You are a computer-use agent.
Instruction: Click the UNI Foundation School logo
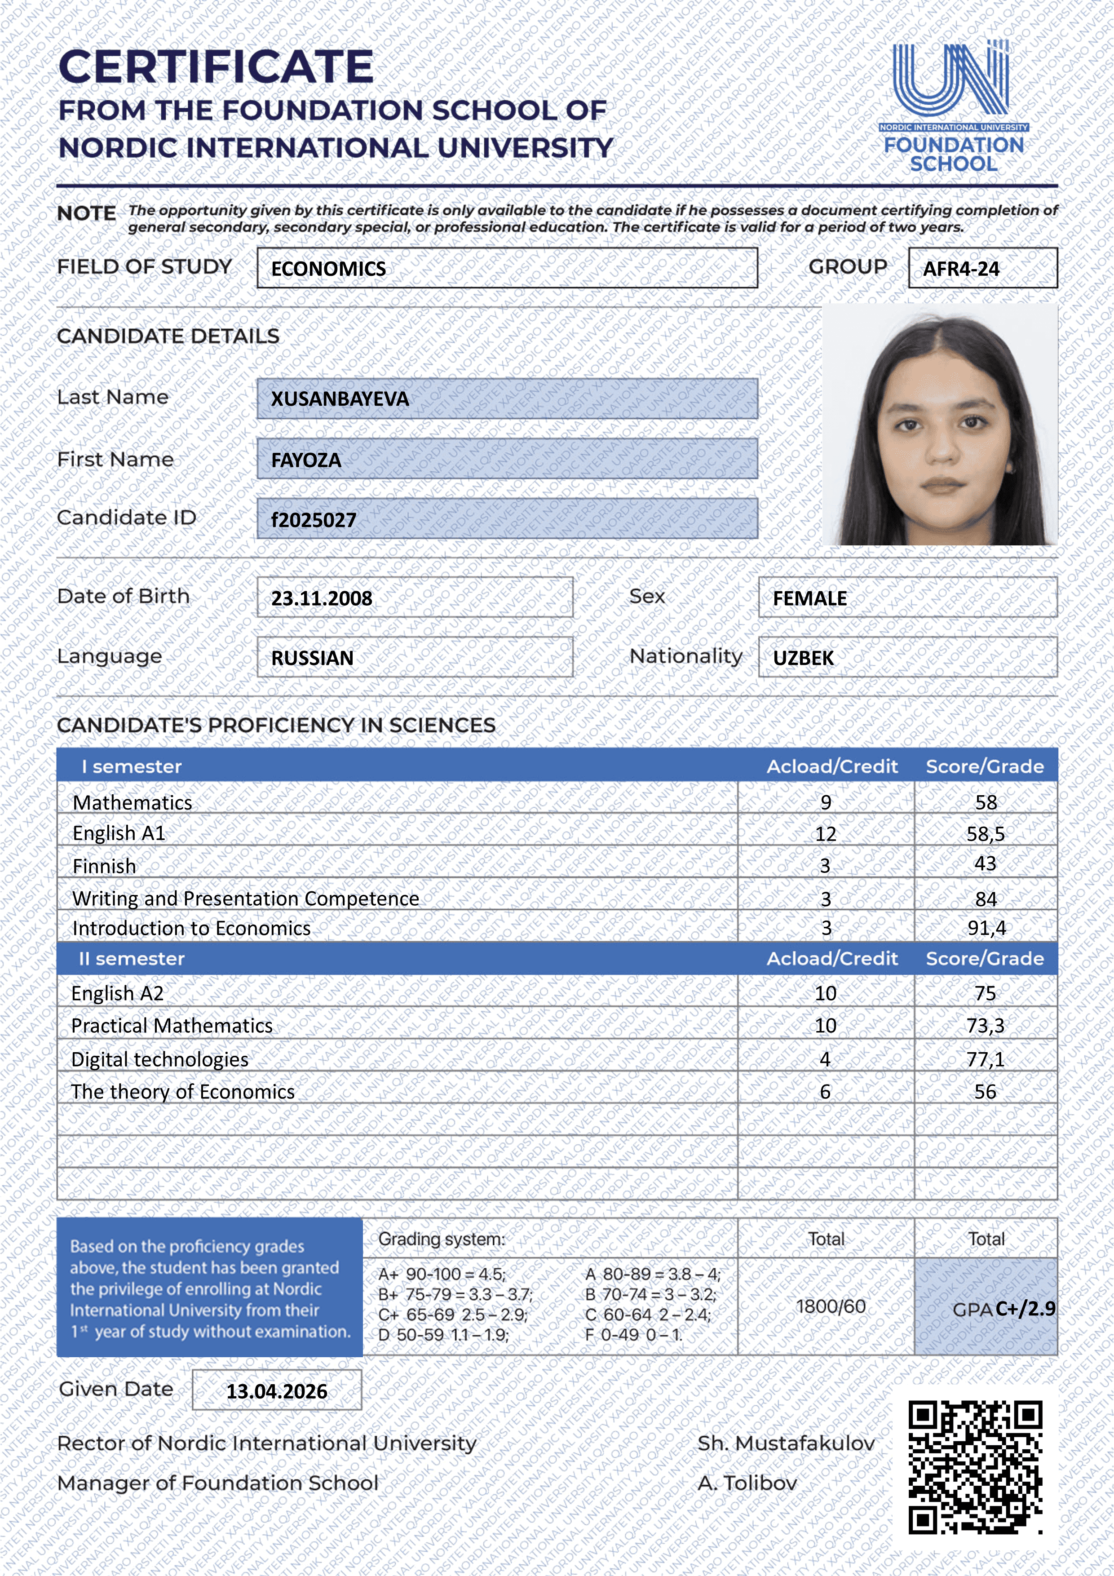tap(953, 106)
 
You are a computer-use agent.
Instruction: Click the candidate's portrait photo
tap(940, 425)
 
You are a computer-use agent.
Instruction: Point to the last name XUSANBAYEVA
tap(340, 399)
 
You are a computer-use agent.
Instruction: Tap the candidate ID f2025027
tap(314, 520)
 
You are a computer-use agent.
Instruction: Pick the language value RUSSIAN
tap(312, 658)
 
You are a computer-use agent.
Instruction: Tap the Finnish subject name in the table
tap(104, 866)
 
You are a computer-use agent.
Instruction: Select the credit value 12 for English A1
tap(825, 834)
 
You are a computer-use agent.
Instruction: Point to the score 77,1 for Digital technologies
tap(985, 1059)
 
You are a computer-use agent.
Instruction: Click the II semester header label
tap(131, 959)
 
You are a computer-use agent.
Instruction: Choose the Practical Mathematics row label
tap(172, 1026)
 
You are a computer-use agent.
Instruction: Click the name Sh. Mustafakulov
tap(786, 1443)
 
